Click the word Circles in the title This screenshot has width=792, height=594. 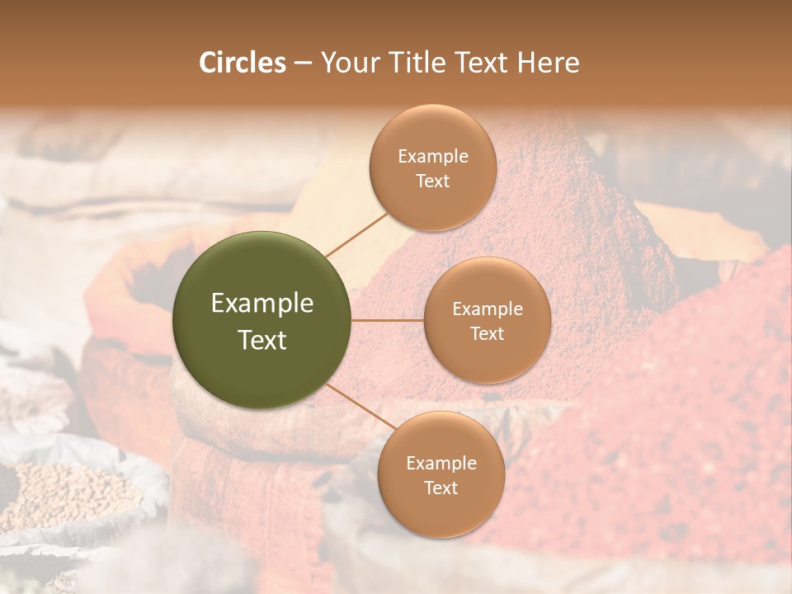243,63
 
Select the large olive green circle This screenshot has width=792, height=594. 262,320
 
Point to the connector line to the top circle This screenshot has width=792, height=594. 356,233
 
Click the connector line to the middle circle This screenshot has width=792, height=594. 388,320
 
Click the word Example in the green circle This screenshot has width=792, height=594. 262,304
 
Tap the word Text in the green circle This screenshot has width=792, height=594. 262,340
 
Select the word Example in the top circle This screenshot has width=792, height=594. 432,157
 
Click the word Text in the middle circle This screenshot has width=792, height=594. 487,333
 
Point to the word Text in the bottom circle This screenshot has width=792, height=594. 441,488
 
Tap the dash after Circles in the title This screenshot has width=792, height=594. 303,64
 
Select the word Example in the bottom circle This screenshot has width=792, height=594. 441,464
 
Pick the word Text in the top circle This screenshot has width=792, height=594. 432,181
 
